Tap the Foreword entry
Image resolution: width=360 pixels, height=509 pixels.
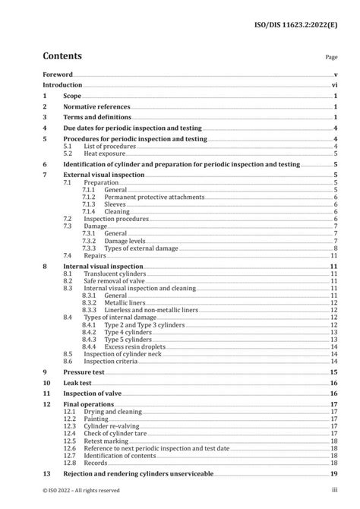[58, 75]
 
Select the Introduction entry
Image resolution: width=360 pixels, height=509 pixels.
[62, 86]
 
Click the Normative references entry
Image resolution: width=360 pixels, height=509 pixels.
[96, 108]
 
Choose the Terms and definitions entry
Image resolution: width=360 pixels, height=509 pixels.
[96, 119]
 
